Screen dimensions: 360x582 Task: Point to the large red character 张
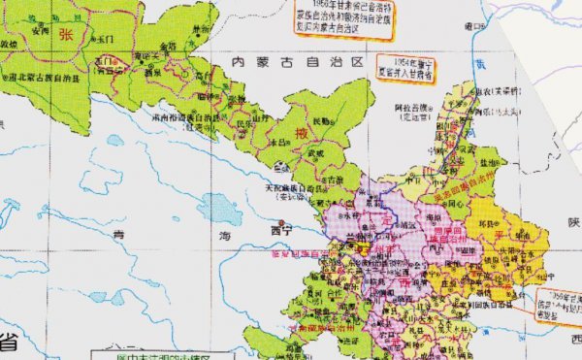pyautogui.click(x=67, y=34)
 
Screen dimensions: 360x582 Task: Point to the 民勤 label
pyautogui.click(x=321, y=120)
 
